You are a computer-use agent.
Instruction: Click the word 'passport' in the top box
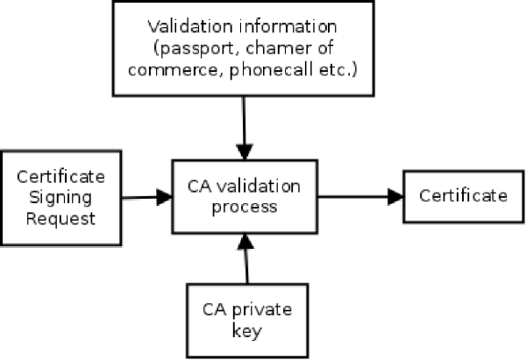[x=199, y=49]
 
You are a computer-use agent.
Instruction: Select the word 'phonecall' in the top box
[x=272, y=70]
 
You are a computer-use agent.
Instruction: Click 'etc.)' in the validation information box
[x=338, y=69]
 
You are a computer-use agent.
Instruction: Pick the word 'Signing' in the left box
[x=60, y=198]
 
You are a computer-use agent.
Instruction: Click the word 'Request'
[x=60, y=219]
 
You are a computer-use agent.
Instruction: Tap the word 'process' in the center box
[x=245, y=208]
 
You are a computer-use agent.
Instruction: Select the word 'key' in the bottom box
[x=247, y=331]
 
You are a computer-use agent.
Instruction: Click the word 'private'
[x=262, y=310]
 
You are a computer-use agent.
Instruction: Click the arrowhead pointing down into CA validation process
[x=245, y=152]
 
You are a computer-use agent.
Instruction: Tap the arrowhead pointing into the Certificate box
[x=395, y=196]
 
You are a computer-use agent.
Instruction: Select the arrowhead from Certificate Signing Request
[x=165, y=197]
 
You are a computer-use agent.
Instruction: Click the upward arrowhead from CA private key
[x=245, y=241]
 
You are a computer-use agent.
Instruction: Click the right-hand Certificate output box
[x=464, y=196]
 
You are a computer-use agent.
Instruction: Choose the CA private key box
[x=247, y=321]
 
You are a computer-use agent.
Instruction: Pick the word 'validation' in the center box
[x=259, y=187]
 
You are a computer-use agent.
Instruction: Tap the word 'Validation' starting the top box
[x=190, y=26]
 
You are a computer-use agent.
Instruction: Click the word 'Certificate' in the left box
[x=60, y=177]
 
